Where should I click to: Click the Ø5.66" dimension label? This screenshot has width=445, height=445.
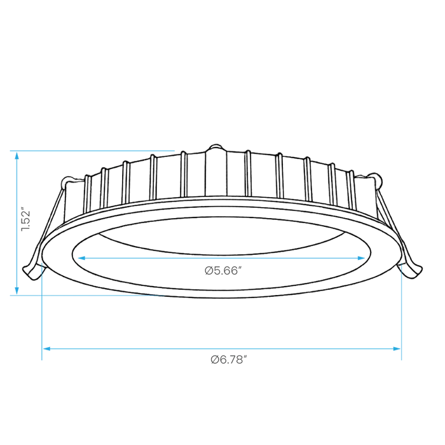click(223, 270)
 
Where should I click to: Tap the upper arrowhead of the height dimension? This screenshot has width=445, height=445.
click(17, 156)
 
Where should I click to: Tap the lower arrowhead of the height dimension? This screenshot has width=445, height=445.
click(17, 291)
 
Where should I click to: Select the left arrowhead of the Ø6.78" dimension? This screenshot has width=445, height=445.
click(46, 348)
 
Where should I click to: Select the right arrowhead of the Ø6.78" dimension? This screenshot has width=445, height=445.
click(397, 348)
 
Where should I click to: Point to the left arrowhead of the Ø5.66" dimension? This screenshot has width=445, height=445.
click(82, 258)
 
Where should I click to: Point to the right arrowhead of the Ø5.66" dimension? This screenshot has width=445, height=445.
click(361, 258)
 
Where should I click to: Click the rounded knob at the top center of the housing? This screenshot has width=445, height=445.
click(216, 147)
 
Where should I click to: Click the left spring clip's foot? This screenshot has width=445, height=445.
click(31, 273)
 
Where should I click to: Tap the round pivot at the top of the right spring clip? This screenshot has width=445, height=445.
click(377, 180)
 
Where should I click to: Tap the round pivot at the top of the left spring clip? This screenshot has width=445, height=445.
click(67, 181)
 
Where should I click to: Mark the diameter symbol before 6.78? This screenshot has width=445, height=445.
click(215, 360)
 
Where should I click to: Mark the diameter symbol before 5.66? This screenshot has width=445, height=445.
click(209, 271)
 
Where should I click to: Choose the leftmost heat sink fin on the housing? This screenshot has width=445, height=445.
click(88, 193)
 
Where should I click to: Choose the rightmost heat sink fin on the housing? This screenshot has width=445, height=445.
click(352, 189)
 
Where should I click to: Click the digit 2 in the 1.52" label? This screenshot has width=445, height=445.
click(25, 215)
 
